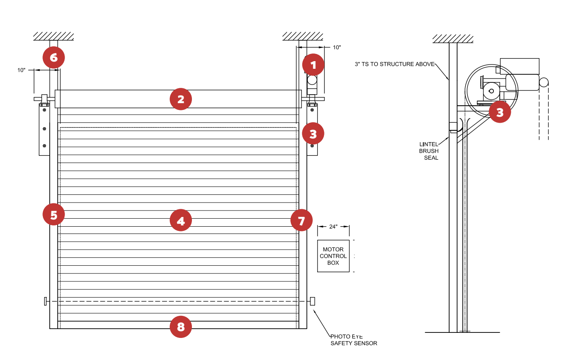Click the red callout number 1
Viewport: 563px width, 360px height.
[x=313, y=65]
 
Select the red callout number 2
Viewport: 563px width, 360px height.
[x=181, y=99]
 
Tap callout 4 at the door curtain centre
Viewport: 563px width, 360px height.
[x=181, y=221]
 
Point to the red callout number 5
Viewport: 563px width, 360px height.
[x=53, y=215]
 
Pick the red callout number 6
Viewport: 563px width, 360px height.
[x=53, y=57]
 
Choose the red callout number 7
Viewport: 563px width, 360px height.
[x=301, y=220]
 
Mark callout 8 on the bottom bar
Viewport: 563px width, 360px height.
[x=181, y=327]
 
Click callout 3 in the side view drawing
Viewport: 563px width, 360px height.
[x=500, y=112]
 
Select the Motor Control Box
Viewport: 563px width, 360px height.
[x=333, y=256]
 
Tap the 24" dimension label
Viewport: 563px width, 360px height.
[x=333, y=227]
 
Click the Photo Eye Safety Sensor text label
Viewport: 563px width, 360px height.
[x=353, y=340]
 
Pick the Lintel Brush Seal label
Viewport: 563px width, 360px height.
[x=428, y=151]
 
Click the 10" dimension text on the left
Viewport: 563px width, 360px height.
[x=22, y=70]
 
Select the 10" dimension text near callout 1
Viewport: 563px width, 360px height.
[x=337, y=48]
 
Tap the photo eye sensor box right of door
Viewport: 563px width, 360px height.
[x=312, y=301]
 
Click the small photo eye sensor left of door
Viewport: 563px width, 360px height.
[x=45, y=301]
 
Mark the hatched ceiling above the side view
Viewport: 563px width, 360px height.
[x=453, y=39]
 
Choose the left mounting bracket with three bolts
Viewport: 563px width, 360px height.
[x=45, y=129]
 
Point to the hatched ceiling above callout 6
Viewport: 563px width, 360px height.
[x=53, y=36]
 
